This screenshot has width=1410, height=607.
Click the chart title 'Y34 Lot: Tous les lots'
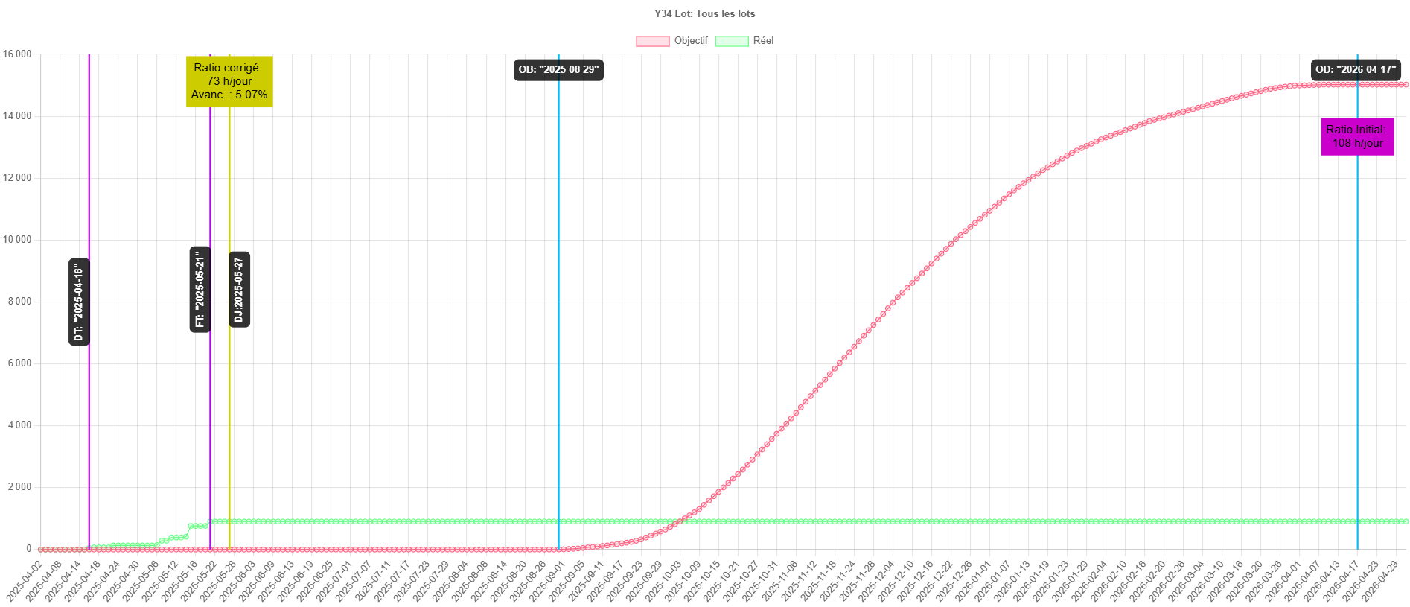pos(704,13)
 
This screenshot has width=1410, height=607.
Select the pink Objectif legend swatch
pos(652,41)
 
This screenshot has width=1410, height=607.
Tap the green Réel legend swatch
pos(731,41)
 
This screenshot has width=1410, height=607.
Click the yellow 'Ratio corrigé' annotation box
pos(229,81)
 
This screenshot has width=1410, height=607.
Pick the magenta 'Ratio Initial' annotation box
pos(1357,136)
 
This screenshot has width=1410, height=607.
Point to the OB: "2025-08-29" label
pos(558,69)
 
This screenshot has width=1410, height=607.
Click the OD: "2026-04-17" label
pos(1356,69)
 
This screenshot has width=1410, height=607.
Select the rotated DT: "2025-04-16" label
pos(79,302)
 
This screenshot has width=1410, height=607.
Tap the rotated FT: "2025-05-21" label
pos(200,289)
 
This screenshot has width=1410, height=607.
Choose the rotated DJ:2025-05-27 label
pos(238,290)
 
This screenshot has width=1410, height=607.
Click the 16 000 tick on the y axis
pos(17,54)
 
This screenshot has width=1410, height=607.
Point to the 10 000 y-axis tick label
pos(17,239)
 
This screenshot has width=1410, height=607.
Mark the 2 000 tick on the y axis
pos(20,486)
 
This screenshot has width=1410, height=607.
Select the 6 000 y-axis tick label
pos(20,363)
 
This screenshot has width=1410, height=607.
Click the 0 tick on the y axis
pos(29,548)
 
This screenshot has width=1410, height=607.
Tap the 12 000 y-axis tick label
pos(17,177)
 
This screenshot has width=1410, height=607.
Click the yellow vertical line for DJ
pos(229,410)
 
